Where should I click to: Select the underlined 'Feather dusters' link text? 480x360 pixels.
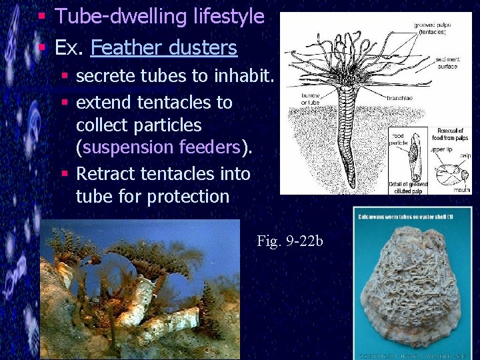point(163,47)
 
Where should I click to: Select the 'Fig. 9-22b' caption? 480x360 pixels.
point(289,241)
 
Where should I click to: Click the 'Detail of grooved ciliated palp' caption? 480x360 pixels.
point(408,187)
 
